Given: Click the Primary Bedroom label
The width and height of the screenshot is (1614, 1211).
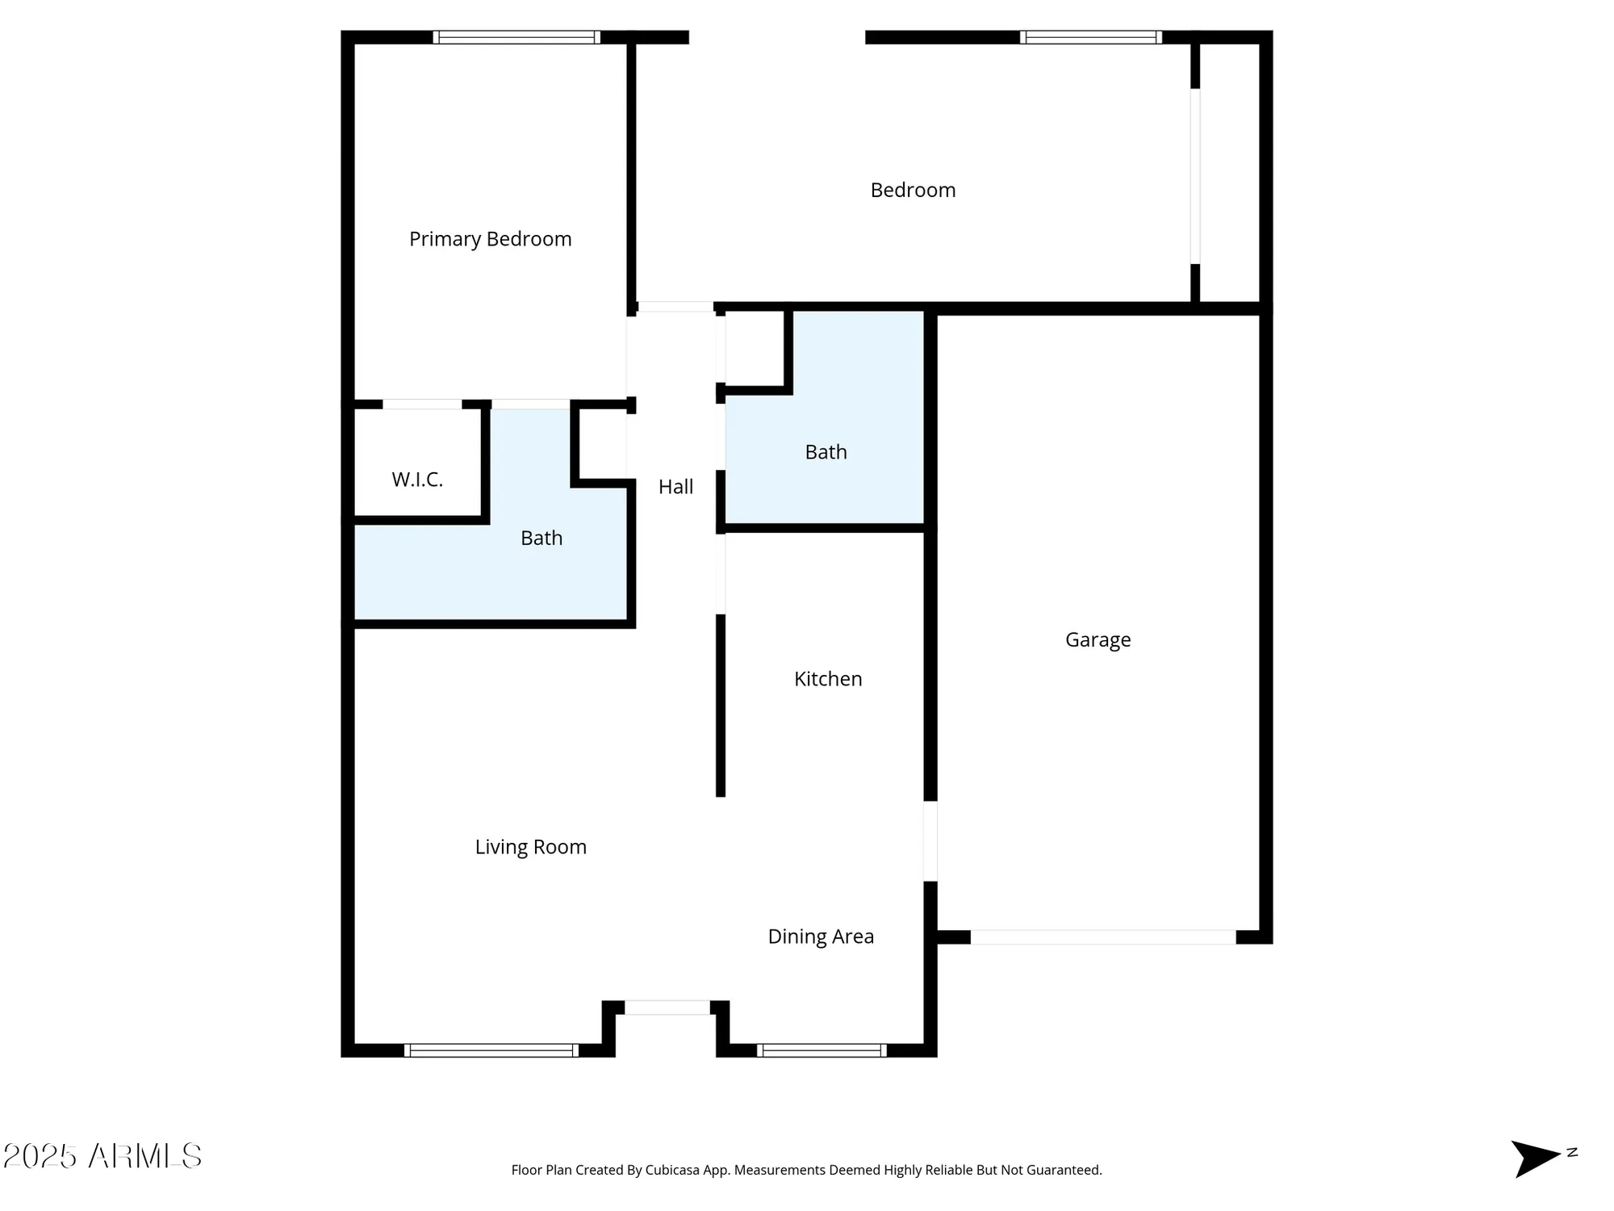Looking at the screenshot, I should coord(490,239).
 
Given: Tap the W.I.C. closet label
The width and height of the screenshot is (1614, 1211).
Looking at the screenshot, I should coord(417,480).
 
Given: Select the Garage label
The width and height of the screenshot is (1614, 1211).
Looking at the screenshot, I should coord(1098,639).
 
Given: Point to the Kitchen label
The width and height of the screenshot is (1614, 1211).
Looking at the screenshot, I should coord(828,679).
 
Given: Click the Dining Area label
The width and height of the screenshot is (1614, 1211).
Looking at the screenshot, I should coord(821,937).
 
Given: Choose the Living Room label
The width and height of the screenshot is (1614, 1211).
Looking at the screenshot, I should coord(530,847).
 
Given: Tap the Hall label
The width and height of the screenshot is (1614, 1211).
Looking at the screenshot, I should coord(675,487).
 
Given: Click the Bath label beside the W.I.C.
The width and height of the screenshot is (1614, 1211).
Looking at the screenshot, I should coord(541,538).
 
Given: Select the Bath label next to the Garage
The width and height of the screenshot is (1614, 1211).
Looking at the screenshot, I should coord(826,452).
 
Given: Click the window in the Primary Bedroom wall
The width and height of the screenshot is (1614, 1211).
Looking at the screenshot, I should coord(516,37).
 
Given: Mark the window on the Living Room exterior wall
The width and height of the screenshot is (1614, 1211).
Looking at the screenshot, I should coord(491,1050).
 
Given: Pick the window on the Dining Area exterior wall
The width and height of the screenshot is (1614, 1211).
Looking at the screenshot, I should coord(822,1050).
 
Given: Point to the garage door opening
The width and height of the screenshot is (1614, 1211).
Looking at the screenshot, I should coord(1102,937).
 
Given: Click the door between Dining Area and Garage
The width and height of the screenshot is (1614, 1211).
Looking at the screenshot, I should coord(930,840).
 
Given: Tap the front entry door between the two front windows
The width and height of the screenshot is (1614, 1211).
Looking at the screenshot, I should coord(667,1008).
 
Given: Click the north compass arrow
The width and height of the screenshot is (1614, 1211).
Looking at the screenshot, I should coord(1537,1158).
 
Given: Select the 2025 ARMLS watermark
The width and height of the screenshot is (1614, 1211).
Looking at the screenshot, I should coord(102,1156).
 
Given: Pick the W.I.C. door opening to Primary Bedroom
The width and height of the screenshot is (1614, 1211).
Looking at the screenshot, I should coord(422,404).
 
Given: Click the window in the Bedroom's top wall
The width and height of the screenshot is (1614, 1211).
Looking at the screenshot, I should coord(1091,37).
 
